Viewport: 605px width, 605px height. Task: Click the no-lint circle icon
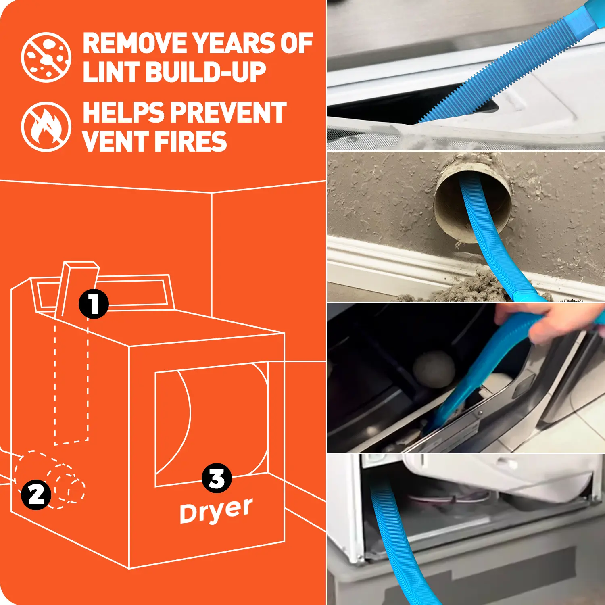[x=46, y=58]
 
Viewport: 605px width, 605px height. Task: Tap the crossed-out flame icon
[x=46, y=127]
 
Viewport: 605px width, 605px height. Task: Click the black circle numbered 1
[x=94, y=304]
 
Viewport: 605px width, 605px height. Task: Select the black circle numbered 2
[x=36, y=494]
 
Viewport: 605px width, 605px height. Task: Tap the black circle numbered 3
[x=217, y=478]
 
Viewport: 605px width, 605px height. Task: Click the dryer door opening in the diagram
[x=211, y=423]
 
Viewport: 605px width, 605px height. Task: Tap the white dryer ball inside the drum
[x=434, y=369]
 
